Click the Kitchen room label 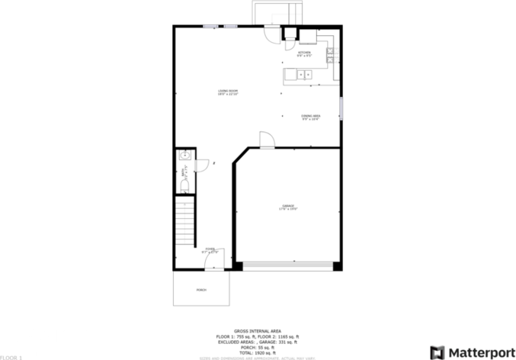(304, 53)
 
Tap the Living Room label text (228, 93)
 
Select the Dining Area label (310, 117)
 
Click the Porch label (201, 290)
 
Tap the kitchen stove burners (330, 54)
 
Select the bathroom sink (184, 156)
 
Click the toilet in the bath (184, 186)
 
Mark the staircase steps (185, 222)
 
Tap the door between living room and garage (266, 140)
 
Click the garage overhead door (288, 265)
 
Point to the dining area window (341, 108)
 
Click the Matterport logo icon (437, 352)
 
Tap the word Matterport (477, 352)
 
